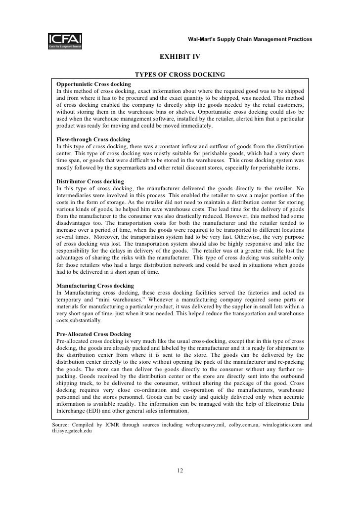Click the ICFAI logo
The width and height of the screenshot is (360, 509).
[65, 40]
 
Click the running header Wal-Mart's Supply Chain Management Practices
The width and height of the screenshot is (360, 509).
[250, 39]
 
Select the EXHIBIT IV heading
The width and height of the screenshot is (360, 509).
[180, 57]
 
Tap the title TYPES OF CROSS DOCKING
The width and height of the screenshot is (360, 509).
[180, 75]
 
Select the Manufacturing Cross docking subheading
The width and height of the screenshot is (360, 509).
[95, 286]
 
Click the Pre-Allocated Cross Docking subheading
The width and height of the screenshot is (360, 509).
[94, 334]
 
